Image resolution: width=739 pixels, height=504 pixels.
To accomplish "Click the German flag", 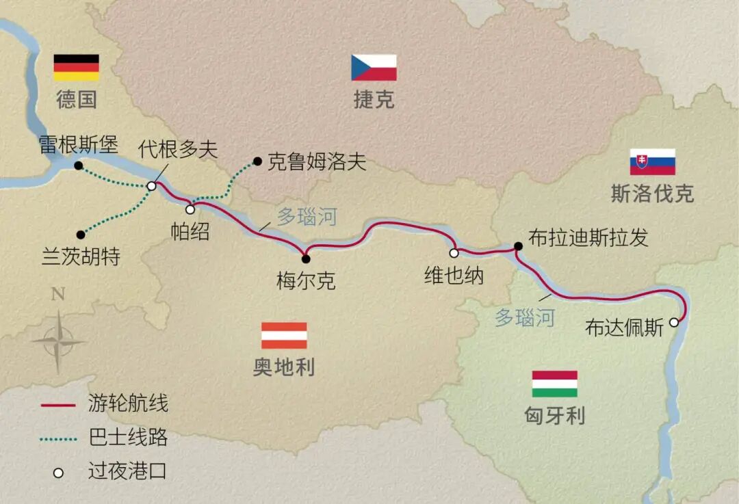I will point(76,68).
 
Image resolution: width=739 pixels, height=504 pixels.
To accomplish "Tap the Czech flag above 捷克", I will point(374,68).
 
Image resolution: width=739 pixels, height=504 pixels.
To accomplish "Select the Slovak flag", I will point(652,162).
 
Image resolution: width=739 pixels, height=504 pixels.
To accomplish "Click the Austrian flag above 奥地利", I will point(284,336).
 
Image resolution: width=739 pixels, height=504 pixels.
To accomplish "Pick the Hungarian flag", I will point(554,384).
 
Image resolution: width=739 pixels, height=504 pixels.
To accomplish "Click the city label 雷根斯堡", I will point(79,145).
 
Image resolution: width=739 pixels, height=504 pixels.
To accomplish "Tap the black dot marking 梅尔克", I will point(306,258).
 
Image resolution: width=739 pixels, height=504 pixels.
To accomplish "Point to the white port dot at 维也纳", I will point(453,253).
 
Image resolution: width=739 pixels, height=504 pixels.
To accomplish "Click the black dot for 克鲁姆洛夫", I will point(257,162).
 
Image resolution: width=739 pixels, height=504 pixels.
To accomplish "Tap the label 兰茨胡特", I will point(81,257).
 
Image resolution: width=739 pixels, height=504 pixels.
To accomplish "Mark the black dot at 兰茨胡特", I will point(81,235).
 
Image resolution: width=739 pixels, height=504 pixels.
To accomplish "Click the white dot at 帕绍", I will point(190,209).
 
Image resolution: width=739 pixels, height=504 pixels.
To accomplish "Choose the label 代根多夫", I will point(178,150).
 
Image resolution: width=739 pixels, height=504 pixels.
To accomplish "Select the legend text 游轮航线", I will point(128,404).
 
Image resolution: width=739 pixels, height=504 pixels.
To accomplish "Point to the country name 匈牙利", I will point(554,414).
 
